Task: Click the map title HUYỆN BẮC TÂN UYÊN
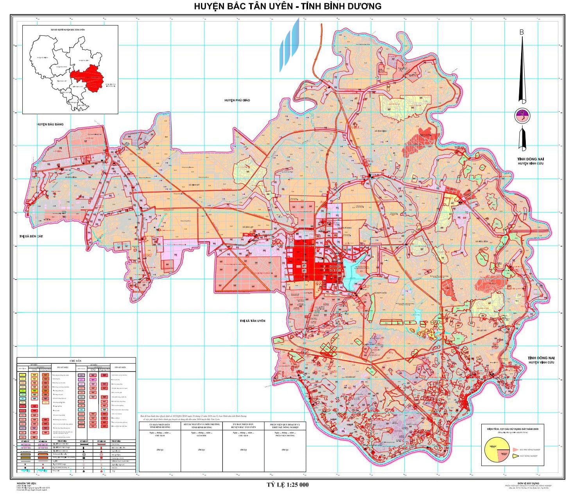click(250, 6)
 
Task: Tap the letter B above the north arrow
click(521, 32)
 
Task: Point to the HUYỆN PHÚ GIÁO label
click(237, 101)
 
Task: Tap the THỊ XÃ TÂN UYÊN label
click(253, 321)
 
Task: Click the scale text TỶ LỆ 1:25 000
click(287, 485)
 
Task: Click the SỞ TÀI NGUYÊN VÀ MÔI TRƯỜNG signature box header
click(201, 426)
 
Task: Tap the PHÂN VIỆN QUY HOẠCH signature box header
click(285, 426)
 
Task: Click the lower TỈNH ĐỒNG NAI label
click(540, 358)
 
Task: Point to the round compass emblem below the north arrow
click(522, 116)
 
